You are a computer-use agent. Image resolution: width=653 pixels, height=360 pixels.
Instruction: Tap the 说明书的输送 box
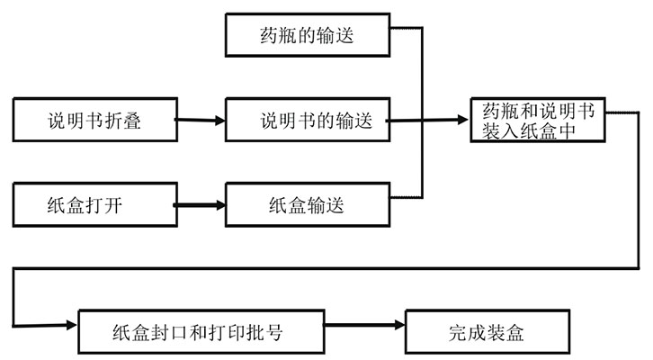307,120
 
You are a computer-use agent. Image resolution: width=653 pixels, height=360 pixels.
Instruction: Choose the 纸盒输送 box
307,204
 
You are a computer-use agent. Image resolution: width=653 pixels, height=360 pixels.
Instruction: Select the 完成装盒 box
487,332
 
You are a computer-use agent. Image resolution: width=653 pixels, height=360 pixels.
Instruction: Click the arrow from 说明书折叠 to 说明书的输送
200,120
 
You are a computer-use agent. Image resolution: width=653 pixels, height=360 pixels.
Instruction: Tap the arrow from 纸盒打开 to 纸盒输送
200,205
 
